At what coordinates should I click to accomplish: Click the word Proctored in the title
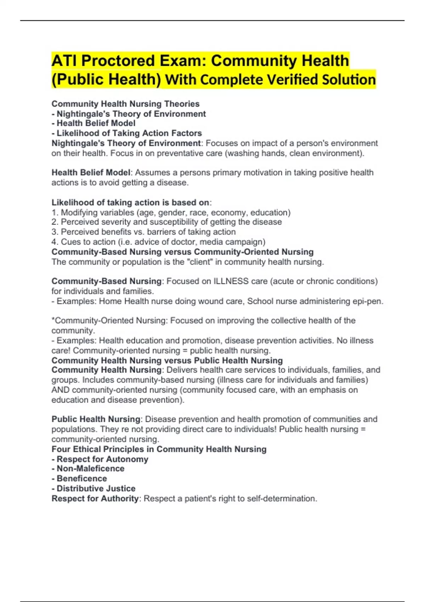click(118, 61)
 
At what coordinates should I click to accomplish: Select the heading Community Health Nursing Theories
click(125, 104)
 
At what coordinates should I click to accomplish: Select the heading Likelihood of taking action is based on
click(130, 203)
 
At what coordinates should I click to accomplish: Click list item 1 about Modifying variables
click(171, 212)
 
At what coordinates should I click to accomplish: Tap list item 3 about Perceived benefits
click(143, 232)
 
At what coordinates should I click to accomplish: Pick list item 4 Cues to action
click(158, 242)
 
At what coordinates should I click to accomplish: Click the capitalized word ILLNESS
click(231, 281)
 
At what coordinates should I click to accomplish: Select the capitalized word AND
click(60, 390)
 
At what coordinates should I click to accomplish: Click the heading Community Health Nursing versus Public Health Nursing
click(167, 360)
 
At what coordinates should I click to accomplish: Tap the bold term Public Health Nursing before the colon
click(96, 419)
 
